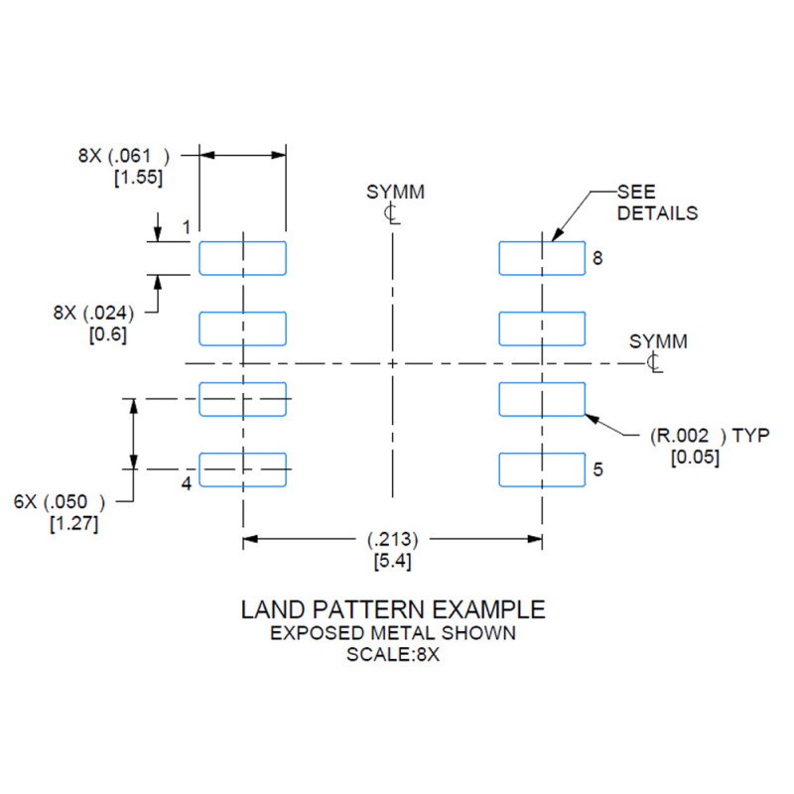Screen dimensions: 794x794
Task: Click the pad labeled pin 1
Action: (242, 258)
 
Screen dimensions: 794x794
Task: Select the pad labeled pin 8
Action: (542, 258)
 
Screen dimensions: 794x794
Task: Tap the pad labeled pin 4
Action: (242, 469)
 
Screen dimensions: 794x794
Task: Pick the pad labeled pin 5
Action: (542, 469)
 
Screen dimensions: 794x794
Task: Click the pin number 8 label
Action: (597, 258)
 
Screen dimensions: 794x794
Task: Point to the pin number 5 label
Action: (598, 469)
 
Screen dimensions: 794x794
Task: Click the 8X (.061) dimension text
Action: (123, 156)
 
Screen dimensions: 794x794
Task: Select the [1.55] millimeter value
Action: (138, 178)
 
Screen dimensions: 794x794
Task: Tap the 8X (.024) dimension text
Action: (93, 313)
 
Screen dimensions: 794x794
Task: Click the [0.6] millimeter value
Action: (108, 334)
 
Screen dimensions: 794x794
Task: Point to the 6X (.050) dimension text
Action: (60, 502)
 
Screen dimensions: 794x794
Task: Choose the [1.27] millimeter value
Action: (73, 523)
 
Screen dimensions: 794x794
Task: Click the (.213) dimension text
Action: (393, 539)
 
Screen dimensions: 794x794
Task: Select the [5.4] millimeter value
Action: (393, 561)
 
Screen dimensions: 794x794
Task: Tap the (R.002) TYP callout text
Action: (710, 436)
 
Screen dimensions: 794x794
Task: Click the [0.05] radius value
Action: (696, 458)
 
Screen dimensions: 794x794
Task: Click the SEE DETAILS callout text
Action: (657, 202)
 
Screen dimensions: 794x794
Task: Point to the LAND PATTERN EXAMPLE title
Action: (393, 609)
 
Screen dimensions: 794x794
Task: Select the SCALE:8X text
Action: (393, 655)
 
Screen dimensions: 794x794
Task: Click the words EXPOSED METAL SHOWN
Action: (393, 633)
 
